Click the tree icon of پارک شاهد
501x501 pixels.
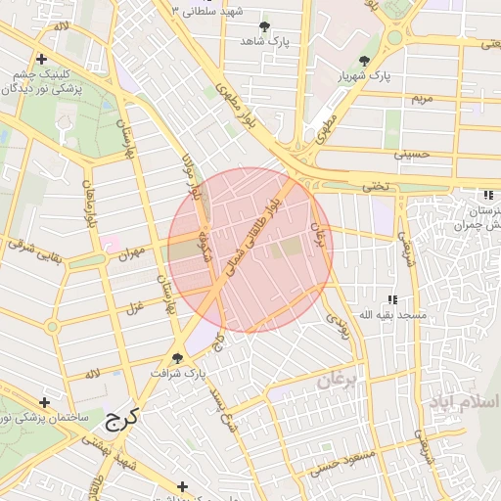(x=264, y=26)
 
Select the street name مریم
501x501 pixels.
(x=421, y=99)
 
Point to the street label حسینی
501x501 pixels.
(x=412, y=154)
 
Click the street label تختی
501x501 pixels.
(x=376, y=184)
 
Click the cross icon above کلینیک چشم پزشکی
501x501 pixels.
(x=40, y=60)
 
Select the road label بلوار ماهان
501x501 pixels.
(x=92, y=205)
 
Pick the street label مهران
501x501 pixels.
(x=131, y=252)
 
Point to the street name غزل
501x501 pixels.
(x=134, y=309)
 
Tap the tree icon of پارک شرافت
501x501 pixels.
(x=178, y=358)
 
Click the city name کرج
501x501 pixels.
(x=120, y=418)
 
